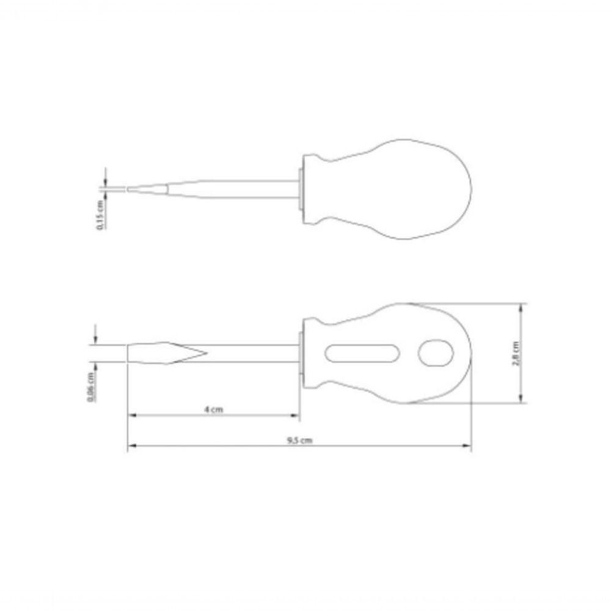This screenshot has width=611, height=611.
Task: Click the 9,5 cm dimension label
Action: [299, 441]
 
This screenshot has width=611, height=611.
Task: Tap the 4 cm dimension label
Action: [213, 410]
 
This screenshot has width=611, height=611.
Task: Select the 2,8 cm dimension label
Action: [516, 353]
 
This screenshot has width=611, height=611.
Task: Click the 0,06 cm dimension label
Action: [90, 387]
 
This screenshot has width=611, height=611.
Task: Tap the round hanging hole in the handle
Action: [436, 353]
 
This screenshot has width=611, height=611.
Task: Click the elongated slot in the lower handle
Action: [363, 353]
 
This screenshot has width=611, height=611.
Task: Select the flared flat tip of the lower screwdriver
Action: [165, 353]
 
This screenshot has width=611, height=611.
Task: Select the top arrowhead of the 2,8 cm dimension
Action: [522, 307]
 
